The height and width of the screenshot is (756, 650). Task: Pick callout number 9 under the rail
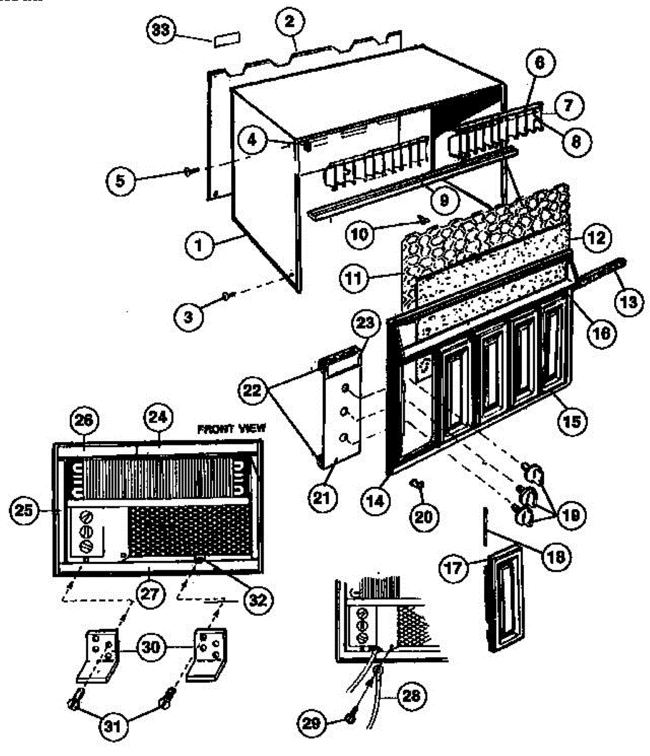444,200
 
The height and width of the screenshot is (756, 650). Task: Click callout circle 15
573,419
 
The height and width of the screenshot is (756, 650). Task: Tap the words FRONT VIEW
231,428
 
